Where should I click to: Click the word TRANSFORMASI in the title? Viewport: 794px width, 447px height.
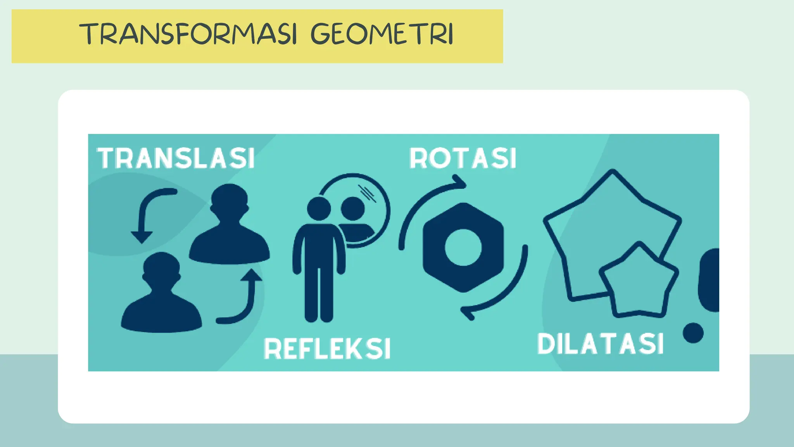pos(188,34)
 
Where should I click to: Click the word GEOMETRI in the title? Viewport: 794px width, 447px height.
pos(382,34)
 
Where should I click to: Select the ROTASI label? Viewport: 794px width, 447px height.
pos(463,158)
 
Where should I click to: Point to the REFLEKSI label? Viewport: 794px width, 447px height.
pos(327,348)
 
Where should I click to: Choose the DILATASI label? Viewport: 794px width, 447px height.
pos(600,344)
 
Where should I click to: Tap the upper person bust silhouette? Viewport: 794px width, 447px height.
pos(230,229)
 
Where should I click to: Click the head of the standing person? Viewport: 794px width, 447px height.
pos(319,208)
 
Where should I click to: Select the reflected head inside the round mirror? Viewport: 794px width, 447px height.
pos(353,208)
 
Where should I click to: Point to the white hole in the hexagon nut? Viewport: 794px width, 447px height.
pos(463,247)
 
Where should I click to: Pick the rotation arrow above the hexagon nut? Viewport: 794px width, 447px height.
pos(426,202)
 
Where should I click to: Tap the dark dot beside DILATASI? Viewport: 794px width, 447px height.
pos(693,333)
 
